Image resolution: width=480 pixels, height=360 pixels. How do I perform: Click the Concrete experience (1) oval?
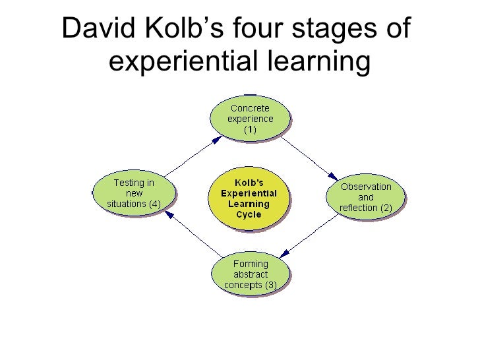coord(250,118)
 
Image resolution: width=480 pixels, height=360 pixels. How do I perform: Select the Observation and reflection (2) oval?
coord(366,196)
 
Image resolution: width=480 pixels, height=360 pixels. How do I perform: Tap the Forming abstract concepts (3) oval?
coord(250,274)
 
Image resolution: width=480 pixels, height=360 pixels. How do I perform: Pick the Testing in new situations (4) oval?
coord(134,193)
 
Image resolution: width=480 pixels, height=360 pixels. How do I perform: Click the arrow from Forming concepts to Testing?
coord(191,235)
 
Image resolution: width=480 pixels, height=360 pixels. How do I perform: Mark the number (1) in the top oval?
coord(250,130)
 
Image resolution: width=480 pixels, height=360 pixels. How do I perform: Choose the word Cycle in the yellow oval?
coord(249,214)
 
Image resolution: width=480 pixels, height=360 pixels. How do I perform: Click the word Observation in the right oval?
coord(366,186)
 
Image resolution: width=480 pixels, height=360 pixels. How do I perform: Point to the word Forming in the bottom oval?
coord(251,264)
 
